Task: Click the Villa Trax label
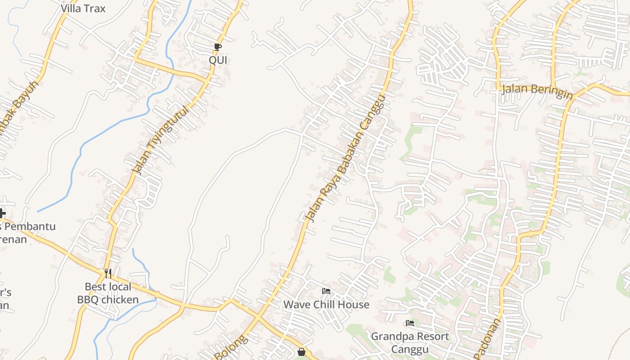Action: (83, 8)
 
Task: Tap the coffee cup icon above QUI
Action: (218, 47)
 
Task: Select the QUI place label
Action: (218, 60)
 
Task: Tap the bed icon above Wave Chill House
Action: (326, 291)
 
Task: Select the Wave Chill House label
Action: (326, 305)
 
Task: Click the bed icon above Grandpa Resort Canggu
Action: (409, 323)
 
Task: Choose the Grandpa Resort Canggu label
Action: (409, 342)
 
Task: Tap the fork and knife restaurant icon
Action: (108, 273)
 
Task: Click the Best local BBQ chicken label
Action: (108, 293)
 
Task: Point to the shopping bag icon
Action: (301, 352)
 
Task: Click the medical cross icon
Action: (2, 213)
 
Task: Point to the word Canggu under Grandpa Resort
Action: (409, 349)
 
